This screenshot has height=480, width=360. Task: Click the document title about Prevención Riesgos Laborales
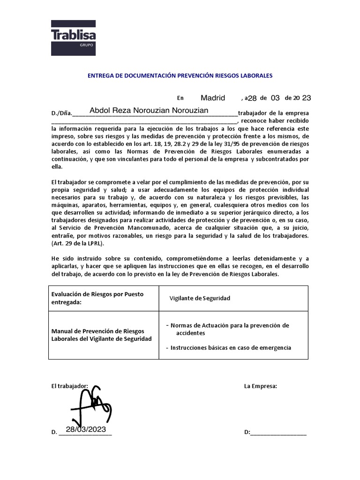coord(180,75)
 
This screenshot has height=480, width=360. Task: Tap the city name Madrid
coord(213,98)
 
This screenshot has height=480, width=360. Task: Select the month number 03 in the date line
coord(275,98)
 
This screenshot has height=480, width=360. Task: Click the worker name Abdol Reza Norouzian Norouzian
coord(149,110)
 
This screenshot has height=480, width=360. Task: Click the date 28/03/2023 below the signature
coord(86,429)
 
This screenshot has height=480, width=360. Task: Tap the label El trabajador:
coord(69,386)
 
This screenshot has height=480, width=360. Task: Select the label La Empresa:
coord(261,386)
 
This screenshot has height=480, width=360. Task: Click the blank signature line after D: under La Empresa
coord(278,433)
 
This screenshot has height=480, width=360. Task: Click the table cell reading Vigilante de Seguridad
coord(200,299)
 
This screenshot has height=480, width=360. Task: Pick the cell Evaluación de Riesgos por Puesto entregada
coord(97,298)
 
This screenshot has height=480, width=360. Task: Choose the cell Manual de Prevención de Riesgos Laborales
coord(101,335)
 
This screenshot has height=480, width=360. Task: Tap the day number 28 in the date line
coord(252,98)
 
